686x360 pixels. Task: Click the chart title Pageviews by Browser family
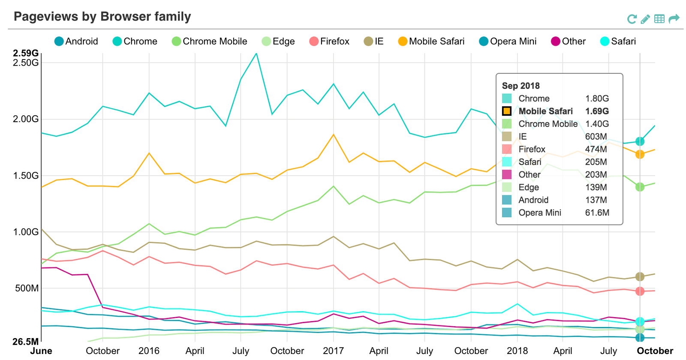click(102, 17)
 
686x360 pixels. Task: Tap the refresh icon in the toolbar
click(632, 19)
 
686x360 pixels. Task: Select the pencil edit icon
click(645, 19)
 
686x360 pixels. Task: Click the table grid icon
click(659, 19)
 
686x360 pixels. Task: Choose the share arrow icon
click(674, 19)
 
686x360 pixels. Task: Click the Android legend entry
click(76, 41)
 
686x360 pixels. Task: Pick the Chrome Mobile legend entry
click(210, 41)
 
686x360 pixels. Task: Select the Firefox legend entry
click(330, 41)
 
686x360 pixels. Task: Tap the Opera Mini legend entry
click(508, 41)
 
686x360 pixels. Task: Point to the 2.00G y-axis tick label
click(26, 119)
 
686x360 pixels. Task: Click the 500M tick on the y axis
click(27, 288)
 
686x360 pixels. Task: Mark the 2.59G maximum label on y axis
click(26, 53)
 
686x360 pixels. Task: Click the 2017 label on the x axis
click(333, 351)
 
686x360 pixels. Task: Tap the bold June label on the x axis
click(41, 351)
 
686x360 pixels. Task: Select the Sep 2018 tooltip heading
click(521, 86)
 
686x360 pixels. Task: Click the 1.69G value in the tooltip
click(597, 111)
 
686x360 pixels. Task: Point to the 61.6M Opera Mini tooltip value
click(597, 213)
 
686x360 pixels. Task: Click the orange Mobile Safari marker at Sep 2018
click(640, 154)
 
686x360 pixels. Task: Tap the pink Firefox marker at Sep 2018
click(640, 291)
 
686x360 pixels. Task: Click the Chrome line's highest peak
click(256, 54)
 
